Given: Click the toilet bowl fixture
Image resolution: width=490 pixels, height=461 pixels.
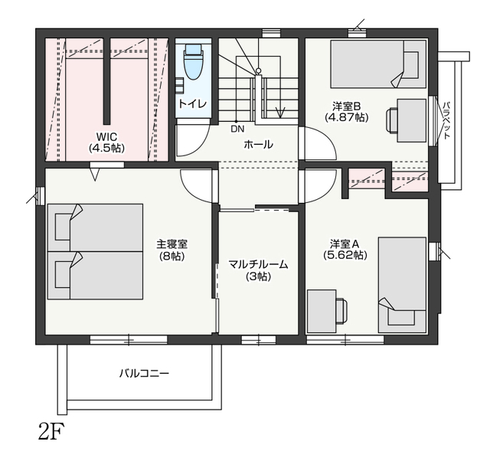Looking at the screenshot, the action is click(194, 61).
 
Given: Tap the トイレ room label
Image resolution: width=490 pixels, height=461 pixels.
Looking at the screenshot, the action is click(192, 104).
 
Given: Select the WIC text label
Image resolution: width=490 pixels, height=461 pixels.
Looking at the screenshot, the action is click(107, 136).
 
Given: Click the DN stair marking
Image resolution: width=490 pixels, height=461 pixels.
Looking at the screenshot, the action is click(237, 129).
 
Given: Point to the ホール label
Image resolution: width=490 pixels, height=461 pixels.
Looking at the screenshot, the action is click(258, 145).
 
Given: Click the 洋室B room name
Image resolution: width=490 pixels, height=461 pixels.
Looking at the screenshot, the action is click(346, 106).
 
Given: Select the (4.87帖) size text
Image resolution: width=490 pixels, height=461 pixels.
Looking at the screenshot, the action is click(347, 117).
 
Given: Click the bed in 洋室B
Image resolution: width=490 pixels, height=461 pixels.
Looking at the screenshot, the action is click(378, 64).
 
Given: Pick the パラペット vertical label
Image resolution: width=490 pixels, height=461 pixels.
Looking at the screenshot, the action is click(446, 120).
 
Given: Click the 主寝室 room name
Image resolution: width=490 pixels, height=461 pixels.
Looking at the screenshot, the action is click(171, 244).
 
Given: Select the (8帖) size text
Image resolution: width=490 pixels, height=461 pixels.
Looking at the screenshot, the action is click(171, 257).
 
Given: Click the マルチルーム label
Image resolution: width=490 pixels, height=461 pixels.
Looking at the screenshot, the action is click(258, 265).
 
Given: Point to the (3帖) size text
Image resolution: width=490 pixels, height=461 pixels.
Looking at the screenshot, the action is click(258, 276).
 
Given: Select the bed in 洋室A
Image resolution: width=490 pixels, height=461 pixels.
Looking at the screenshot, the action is click(402, 285).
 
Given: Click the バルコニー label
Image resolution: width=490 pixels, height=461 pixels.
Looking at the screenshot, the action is click(145, 374).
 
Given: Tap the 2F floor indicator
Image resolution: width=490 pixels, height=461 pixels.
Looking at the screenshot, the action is click(49, 431).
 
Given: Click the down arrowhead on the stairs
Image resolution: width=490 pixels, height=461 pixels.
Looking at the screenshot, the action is click(280, 113).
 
